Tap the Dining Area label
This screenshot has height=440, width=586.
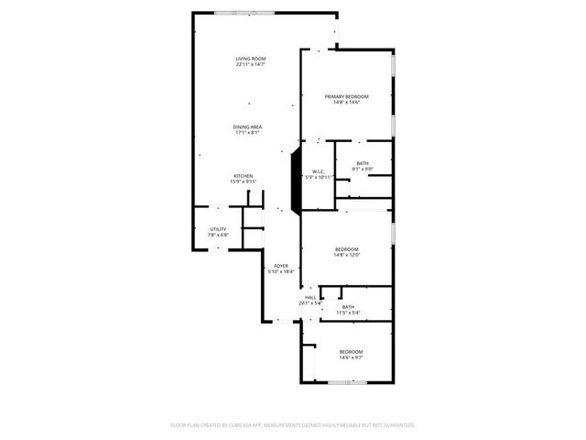[x=247, y=126]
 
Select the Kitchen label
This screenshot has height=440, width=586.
[x=243, y=175]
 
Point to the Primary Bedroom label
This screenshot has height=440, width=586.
[x=346, y=96]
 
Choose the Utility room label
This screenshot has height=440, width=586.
[x=217, y=229]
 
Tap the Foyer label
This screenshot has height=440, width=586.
[x=280, y=266]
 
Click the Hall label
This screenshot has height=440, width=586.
[x=310, y=297]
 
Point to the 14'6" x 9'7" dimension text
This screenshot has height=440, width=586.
[x=351, y=357]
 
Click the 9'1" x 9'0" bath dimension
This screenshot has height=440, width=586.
[x=363, y=169]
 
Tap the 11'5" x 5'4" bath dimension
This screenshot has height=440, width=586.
[x=348, y=313]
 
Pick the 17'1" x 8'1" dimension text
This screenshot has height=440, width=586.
[x=247, y=132]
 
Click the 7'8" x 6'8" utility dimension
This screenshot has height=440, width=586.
[x=217, y=235]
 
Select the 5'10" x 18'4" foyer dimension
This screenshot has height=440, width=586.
[x=280, y=271]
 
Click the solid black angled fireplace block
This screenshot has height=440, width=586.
[x=296, y=181]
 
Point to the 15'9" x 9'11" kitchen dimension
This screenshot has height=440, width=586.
[x=243, y=181]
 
